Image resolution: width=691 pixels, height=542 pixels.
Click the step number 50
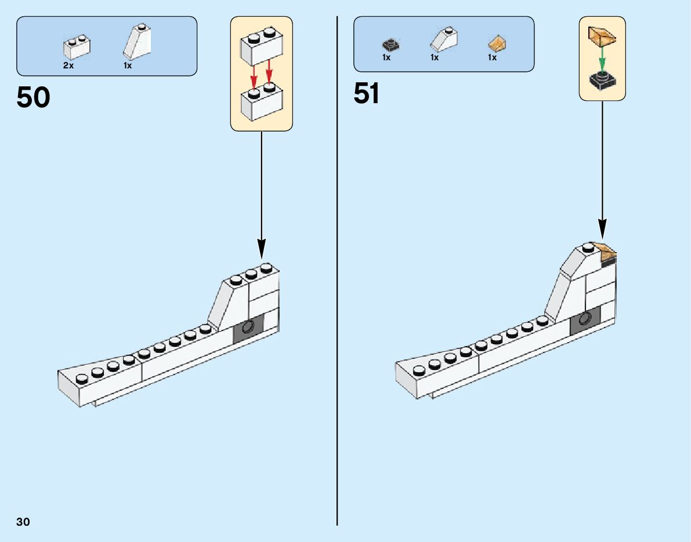pos(33,98)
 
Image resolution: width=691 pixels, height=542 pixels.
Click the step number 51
pos(367,93)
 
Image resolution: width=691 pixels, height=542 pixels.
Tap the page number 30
pos(23,522)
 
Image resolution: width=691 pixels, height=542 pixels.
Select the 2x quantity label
pos(68,66)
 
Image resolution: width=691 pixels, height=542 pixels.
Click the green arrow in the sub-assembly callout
pos(602,58)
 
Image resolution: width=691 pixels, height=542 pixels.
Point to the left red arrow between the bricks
pos(254,75)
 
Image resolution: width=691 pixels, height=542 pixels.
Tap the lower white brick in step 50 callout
pos(261,103)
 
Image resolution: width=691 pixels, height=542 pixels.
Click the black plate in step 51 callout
pos(602,81)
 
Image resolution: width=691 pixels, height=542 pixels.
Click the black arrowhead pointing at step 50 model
pos(261,250)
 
